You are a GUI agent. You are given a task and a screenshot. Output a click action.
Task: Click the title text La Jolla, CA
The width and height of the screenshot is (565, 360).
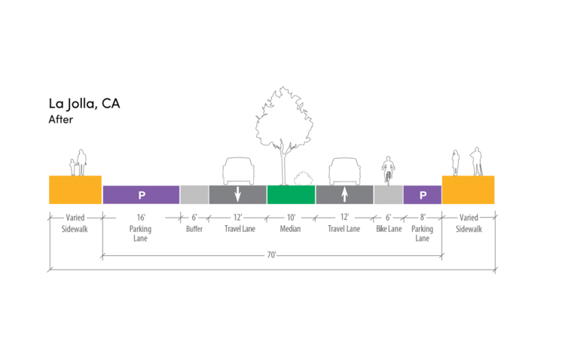coord(84,104)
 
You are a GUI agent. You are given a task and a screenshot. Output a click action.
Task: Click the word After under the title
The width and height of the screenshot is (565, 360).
coord(61,119)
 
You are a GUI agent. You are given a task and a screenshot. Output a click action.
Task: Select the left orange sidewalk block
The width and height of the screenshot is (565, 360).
coord(75,190)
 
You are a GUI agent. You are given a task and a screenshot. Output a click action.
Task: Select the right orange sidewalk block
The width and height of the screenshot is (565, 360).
coord(468,190)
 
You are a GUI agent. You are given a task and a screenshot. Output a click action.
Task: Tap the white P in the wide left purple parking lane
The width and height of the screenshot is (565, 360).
coord(141,195)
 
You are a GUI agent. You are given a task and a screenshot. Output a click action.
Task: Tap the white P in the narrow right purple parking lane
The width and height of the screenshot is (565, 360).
coord(423,195)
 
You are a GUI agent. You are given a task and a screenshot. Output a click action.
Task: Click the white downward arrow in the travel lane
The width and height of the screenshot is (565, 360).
coord(237,194)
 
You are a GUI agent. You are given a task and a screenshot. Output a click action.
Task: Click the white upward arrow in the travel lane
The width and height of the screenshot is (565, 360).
coord(344,194)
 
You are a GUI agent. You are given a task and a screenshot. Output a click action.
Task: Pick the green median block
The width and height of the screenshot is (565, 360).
coord(291,194)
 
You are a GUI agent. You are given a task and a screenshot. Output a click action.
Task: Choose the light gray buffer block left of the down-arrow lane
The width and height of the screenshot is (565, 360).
coord(194,194)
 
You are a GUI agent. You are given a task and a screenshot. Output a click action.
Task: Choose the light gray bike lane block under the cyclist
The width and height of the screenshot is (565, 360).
coord(388,194)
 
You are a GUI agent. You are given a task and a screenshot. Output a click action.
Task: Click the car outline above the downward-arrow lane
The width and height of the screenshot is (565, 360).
coord(237,170)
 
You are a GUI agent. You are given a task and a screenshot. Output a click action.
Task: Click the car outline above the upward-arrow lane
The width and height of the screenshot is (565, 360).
coord(344,170)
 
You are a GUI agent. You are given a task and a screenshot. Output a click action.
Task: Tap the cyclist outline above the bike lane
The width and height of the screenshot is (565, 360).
coord(388,170)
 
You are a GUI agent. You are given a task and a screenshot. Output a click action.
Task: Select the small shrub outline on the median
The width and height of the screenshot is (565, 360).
coord(303,178)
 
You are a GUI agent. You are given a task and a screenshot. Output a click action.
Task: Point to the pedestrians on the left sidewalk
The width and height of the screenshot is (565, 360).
coord(78,163)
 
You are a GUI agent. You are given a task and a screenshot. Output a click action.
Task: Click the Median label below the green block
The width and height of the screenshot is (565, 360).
coord(291,228)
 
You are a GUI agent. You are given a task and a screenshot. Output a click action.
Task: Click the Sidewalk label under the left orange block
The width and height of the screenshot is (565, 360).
coord(75,228)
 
